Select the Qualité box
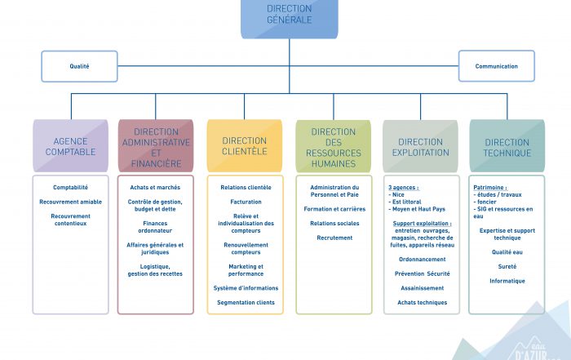coord(79,66)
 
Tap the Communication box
coord(496,66)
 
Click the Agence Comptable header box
coord(70,146)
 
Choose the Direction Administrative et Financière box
coord(156,147)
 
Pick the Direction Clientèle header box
coord(245,146)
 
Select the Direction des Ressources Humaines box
coord(333,147)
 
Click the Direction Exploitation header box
coord(421,147)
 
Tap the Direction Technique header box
coord(507,147)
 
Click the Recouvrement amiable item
coord(70,202)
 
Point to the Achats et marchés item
coord(155,188)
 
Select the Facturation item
coord(246,202)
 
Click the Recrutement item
coord(334,238)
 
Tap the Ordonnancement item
coord(422,260)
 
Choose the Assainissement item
coord(422,288)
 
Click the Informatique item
coord(507,281)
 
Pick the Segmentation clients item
coord(246,303)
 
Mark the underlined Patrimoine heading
coord(490,188)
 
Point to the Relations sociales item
coord(334,223)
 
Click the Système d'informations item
coord(246,288)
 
